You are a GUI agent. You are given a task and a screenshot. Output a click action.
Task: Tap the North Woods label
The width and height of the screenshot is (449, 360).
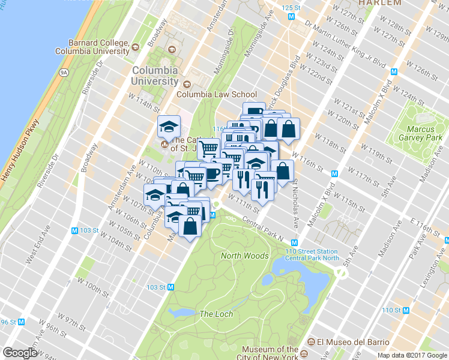point(244,256)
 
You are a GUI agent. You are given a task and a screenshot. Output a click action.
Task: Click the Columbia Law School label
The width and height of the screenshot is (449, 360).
point(216,94)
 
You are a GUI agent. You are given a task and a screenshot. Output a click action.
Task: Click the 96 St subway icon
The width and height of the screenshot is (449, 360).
point(22,322)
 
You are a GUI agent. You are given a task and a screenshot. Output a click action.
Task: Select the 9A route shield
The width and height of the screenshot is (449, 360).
point(64,73)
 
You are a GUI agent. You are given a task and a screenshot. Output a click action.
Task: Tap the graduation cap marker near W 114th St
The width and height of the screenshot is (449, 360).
point(169,127)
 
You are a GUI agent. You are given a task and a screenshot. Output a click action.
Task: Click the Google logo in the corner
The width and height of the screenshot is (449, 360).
point(20,353)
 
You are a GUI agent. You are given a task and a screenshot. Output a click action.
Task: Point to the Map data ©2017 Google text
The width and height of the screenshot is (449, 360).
point(412,355)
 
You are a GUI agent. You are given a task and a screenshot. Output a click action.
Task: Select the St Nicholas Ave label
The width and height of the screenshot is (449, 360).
point(295,204)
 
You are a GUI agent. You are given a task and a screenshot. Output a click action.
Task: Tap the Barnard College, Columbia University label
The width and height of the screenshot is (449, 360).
point(91,47)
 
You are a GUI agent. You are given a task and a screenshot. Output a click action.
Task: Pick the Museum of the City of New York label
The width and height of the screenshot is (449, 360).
point(270,353)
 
